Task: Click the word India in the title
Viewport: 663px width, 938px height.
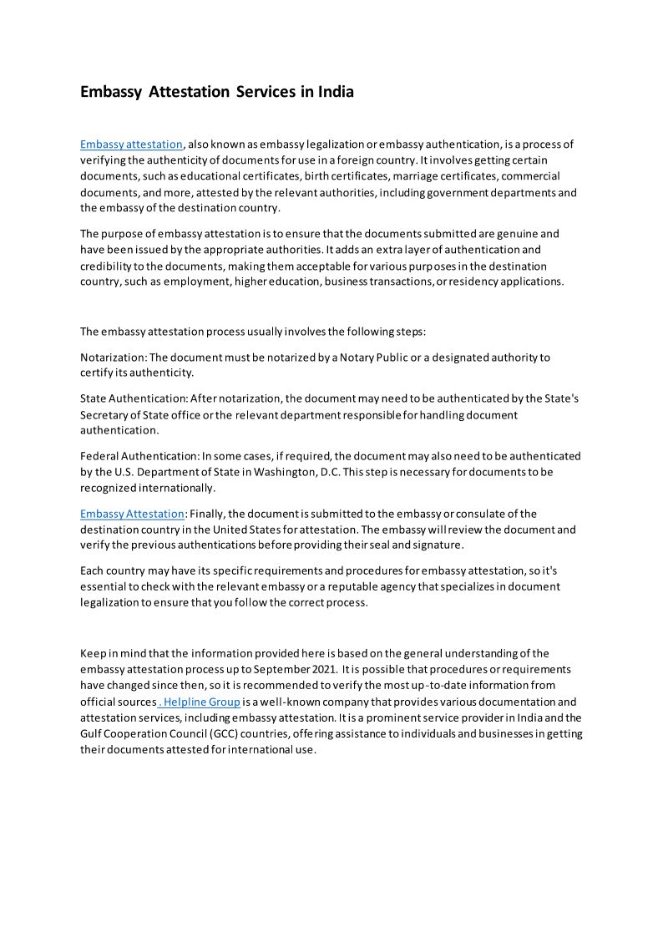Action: point(335,92)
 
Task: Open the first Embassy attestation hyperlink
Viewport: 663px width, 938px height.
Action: point(131,144)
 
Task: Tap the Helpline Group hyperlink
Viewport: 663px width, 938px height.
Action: point(200,702)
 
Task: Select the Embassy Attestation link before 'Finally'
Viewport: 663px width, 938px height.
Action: point(132,514)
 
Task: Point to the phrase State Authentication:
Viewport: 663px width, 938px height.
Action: point(133,398)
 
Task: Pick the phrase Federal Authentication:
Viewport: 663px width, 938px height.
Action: point(139,456)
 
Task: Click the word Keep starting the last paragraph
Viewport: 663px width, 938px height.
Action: point(93,653)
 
